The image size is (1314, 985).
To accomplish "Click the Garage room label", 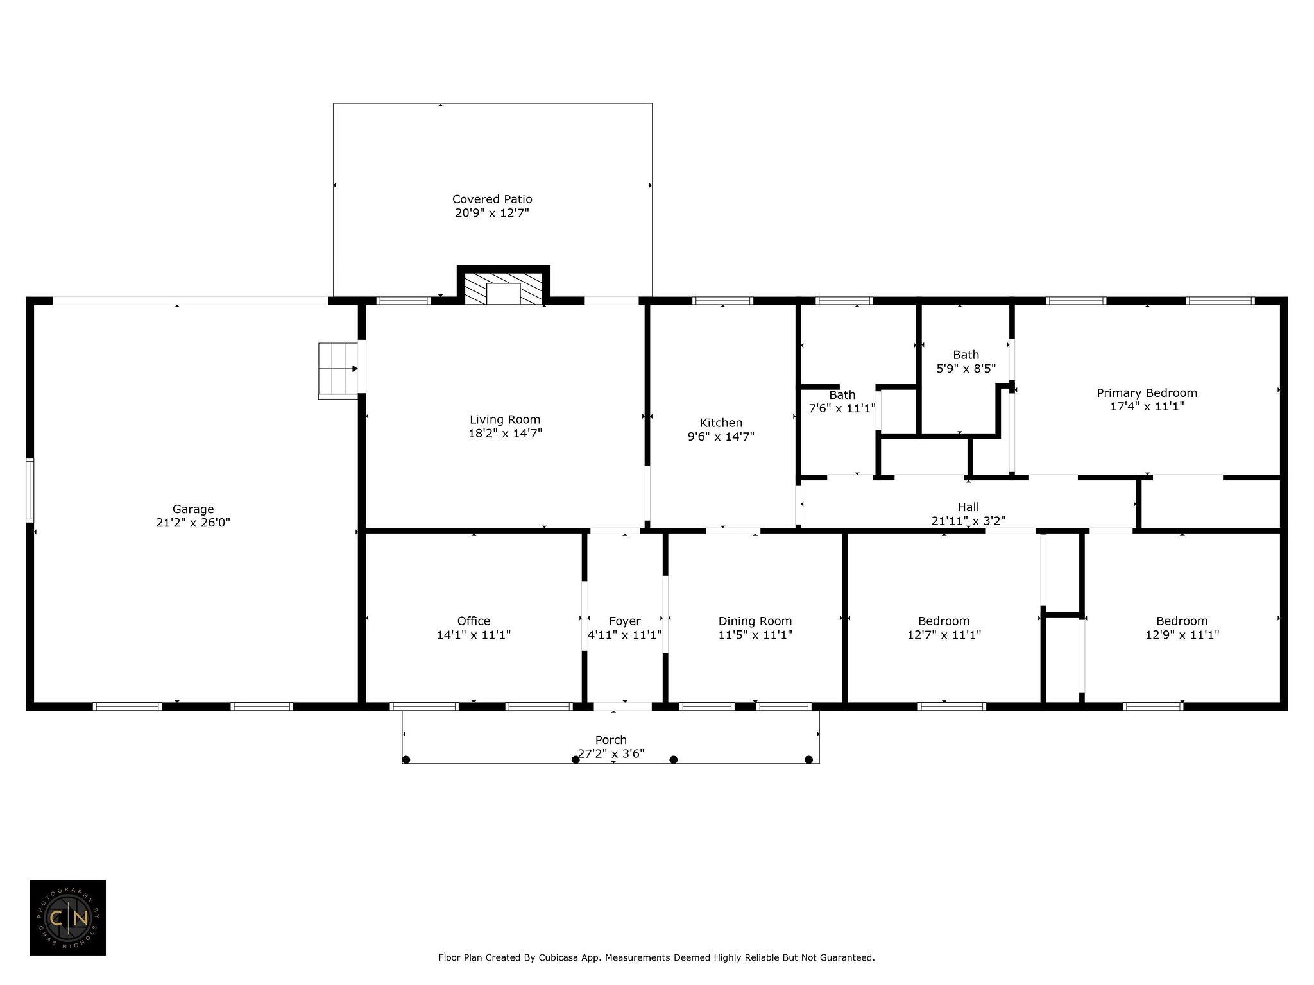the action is [x=193, y=509].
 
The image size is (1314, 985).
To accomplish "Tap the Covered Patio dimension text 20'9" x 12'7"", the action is [x=492, y=213].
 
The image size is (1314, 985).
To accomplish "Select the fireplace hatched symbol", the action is [x=504, y=289].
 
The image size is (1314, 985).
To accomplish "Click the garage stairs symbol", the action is [x=338, y=371].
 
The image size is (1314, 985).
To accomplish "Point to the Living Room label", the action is [x=505, y=420].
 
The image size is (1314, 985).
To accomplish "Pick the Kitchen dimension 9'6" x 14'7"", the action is [x=721, y=437].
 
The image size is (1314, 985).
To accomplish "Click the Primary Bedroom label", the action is [x=1147, y=393].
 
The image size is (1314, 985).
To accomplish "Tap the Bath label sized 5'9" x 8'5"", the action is [x=966, y=355].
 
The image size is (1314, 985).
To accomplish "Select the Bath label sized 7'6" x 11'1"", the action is [x=842, y=395].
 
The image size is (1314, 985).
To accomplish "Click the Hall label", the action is [x=968, y=507].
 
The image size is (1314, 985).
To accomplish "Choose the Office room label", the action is [x=474, y=621].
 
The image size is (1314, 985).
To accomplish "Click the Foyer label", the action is [x=624, y=621].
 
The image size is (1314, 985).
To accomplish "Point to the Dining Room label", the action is [x=755, y=621].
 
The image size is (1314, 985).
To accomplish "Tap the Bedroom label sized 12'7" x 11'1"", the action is [x=944, y=621].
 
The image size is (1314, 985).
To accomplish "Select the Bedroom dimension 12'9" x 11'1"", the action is [x=1182, y=635].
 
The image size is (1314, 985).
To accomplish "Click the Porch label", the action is [x=611, y=740].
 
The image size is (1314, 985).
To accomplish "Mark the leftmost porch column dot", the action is [x=406, y=760].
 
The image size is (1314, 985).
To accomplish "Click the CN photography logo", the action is [x=67, y=918].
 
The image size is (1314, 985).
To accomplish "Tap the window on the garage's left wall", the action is [x=30, y=490].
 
